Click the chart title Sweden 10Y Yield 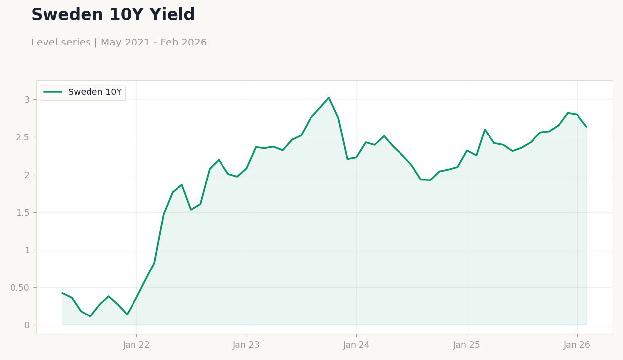pyautogui.click(x=113, y=15)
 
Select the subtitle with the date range pyautogui.click(x=119, y=43)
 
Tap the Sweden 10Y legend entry pyautogui.click(x=94, y=92)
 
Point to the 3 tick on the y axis pyautogui.click(x=27, y=99)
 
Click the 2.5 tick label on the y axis pyautogui.click(x=23, y=137)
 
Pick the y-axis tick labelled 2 pyautogui.click(x=27, y=175)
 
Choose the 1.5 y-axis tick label pyautogui.click(x=23, y=212)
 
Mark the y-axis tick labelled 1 pyautogui.click(x=27, y=250)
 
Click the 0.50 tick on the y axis pyautogui.click(x=20, y=287)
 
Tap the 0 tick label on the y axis pyautogui.click(x=27, y=325)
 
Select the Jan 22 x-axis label pyautogui.click(x=136, y=345)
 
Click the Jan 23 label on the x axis pyautogui.click(x=246, y=345)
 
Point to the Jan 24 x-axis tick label pyautogui.click(x=356, y=345)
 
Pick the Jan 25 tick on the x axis pyautogui.click(x=467, y=345)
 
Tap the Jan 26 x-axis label pyautogui.click(x=577, y=345)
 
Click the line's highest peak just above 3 pyautogui.click(x=329, y=98)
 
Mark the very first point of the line pyautogui.click(x=62, y=293)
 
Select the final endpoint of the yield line pyautogui.click(x=586, y=127)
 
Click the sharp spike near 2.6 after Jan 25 pyautogui.click(x=485, y=130)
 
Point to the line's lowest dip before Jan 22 pyautogui.click(x=90, y=316)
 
